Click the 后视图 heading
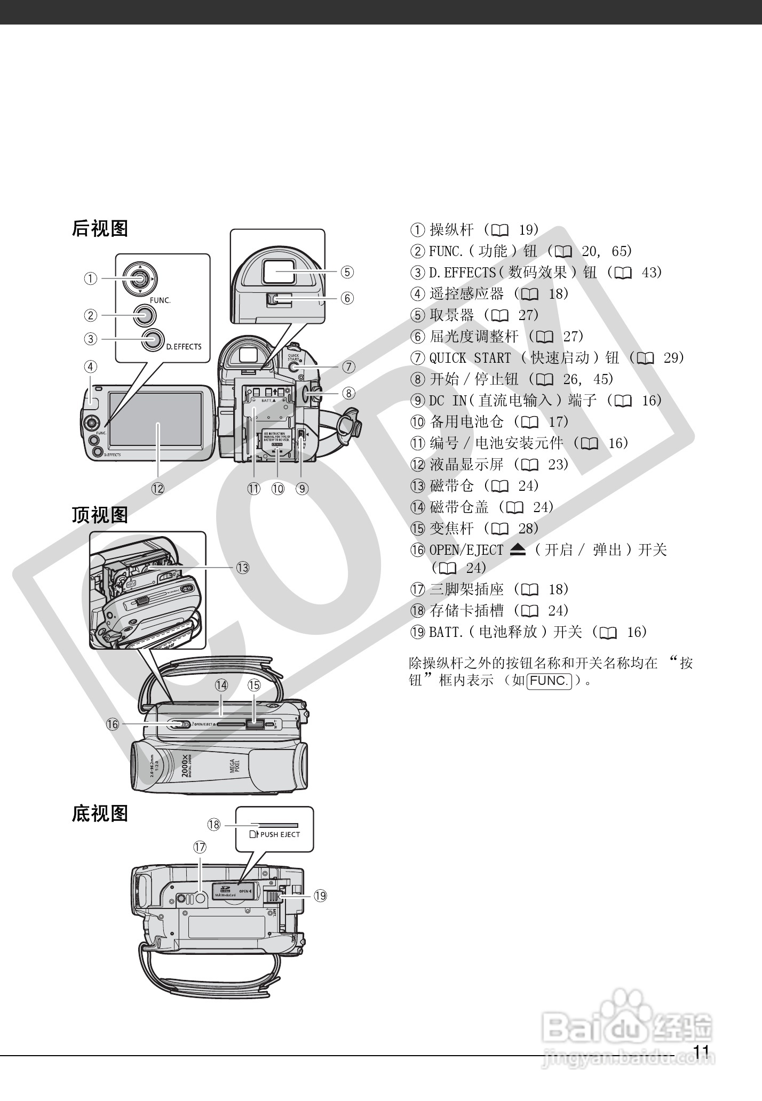click(100, 229)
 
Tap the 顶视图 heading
click(100, 515)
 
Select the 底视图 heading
click(100, 813)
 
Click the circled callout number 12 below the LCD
click(157, 488)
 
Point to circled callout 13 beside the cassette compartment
click(243, 568)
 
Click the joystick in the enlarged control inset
click(139, 278)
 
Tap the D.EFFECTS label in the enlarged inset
click(184, 347)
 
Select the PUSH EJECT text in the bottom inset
click(280, 834)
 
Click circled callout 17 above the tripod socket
click(200, 847)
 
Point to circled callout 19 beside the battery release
click(320, 896)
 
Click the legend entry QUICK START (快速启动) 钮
click(547, 358)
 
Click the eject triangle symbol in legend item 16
click(518, 550)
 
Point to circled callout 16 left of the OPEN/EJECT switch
click(113, 724)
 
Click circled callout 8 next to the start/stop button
click(348, 393)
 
